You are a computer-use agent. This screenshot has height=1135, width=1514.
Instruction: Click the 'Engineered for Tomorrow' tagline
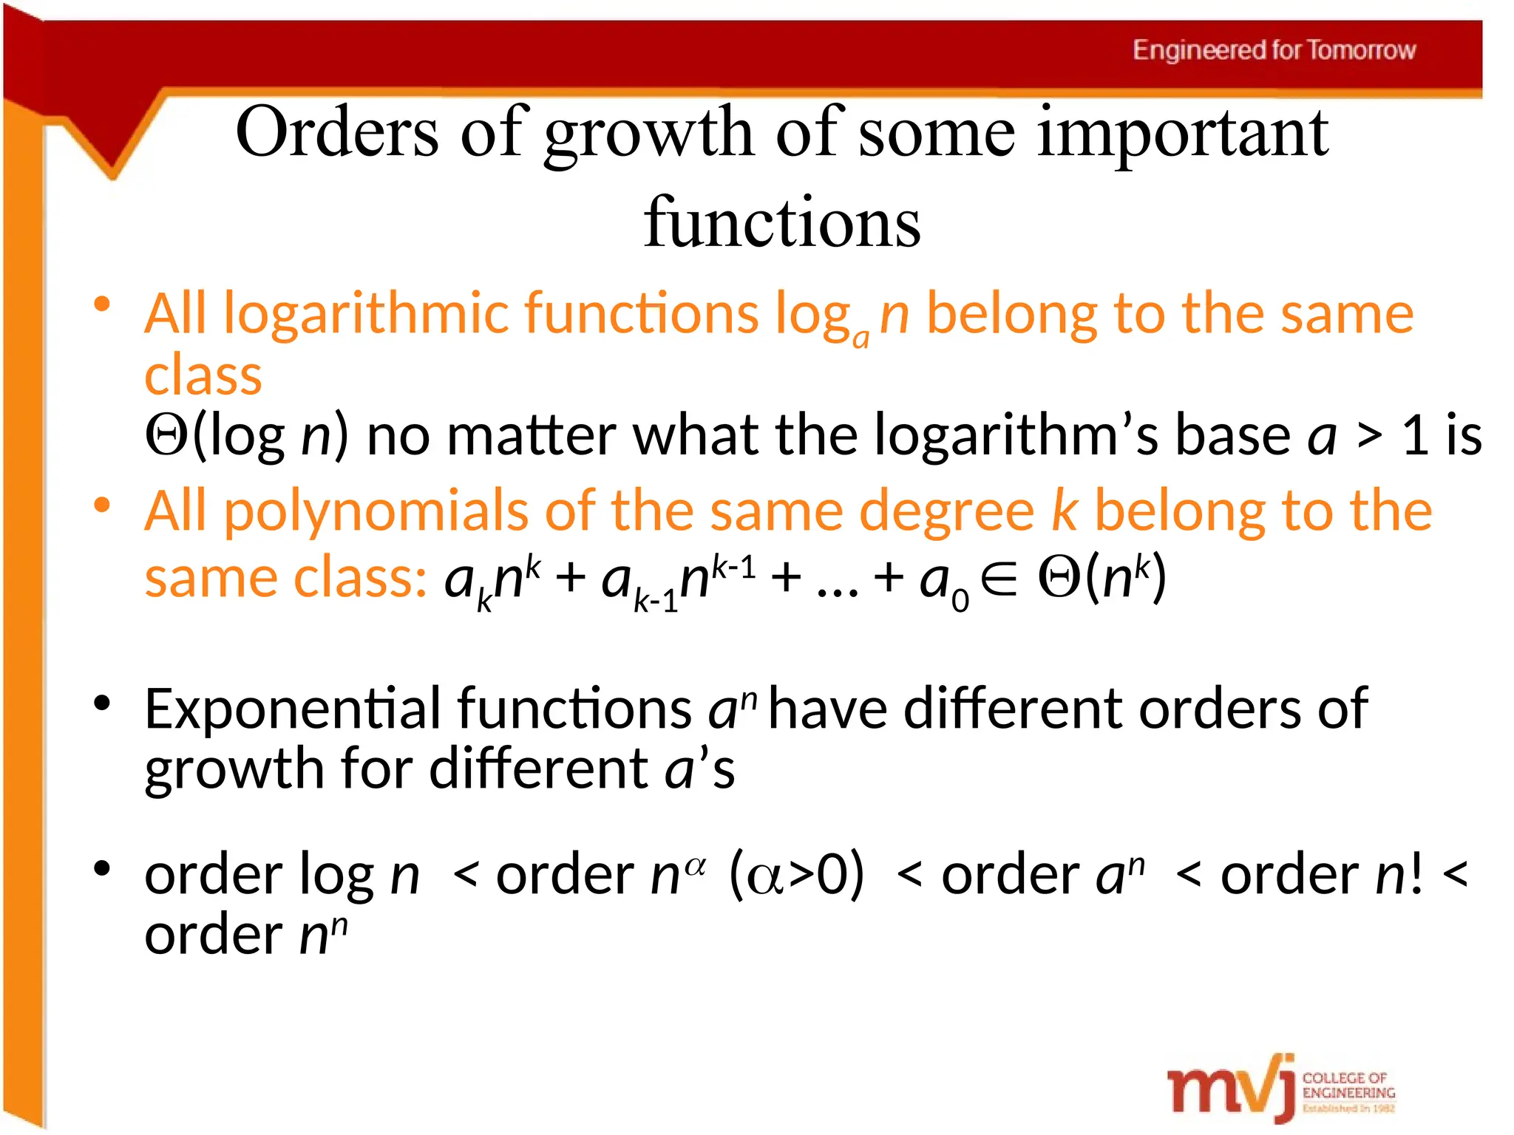[1274, 50]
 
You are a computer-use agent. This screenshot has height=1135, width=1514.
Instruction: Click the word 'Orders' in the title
[337, 133]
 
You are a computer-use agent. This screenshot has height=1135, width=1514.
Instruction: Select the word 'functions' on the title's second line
[782, 222]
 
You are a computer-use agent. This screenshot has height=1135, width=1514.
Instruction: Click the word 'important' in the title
[1183, 133]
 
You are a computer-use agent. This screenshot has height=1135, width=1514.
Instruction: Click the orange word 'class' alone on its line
[203, 375]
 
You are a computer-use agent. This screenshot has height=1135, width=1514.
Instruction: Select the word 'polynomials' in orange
[376, 511]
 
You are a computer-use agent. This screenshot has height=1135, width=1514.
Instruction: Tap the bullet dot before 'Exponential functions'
[102, 703]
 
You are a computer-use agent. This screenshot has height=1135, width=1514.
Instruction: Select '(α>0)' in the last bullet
[796, 874]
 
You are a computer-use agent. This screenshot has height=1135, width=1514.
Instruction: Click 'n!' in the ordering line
[1399, 874]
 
